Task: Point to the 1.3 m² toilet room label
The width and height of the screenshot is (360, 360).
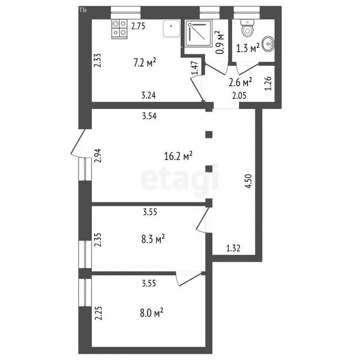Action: [x=247, y=49]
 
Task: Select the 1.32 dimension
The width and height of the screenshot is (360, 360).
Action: [x=233, y=248]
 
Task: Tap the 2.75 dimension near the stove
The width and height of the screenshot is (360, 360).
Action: [x=138, y=26]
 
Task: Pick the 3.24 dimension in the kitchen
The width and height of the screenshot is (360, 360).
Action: [x=149, y=96]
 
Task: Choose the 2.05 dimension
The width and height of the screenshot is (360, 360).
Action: [x=240, y=96]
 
